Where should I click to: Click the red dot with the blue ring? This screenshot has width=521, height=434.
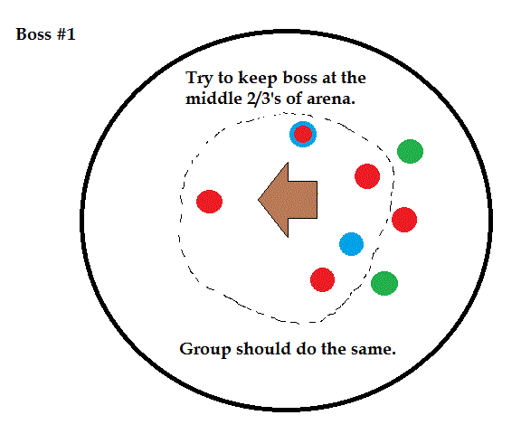pyautogui.click(x=303, y=134)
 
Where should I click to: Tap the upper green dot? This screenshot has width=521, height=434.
pyautogui.click(x=410, y=151)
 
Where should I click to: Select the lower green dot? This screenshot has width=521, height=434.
pyautogui.click(x=384, y=283)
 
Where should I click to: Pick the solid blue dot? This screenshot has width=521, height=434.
pyautogui.click(x=351, y=244)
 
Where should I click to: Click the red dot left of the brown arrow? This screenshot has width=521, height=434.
pyautogui.click(x=209, y=202)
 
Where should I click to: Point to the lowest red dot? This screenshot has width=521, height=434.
pyautogui.click(x=322, y=280)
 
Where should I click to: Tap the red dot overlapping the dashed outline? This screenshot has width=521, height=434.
pyautogui.click(x=404, y=220)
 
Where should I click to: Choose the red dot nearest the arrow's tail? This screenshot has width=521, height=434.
pyautogui.click(x=367, y=176)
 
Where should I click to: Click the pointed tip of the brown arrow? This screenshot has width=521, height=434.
pyautogui.click(x=259, y=200)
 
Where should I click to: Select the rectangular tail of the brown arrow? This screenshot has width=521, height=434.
pyautogui.click(x=303, y=200)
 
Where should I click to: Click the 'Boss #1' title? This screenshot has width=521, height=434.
pyautogui.click(x=46, y=34)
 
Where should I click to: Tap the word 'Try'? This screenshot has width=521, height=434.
pyautogui.click(x=199, y=79)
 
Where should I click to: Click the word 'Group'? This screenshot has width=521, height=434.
pyautogui.click(x=205, y=350)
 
